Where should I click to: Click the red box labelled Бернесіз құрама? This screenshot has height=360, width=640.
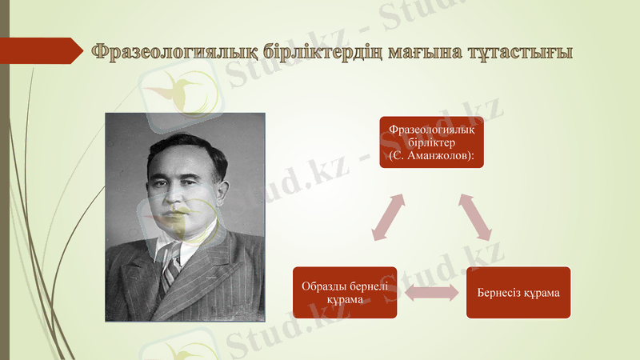(518, 292)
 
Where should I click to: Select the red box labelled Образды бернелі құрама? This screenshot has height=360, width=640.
(345, 292)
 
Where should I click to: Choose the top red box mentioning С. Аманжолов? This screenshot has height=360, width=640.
(431, 142)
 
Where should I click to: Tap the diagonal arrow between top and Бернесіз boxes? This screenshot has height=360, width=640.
(476, 216)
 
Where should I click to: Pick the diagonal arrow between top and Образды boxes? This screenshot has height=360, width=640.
(389, 216)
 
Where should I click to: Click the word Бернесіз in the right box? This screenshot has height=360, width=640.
(499, 292)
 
